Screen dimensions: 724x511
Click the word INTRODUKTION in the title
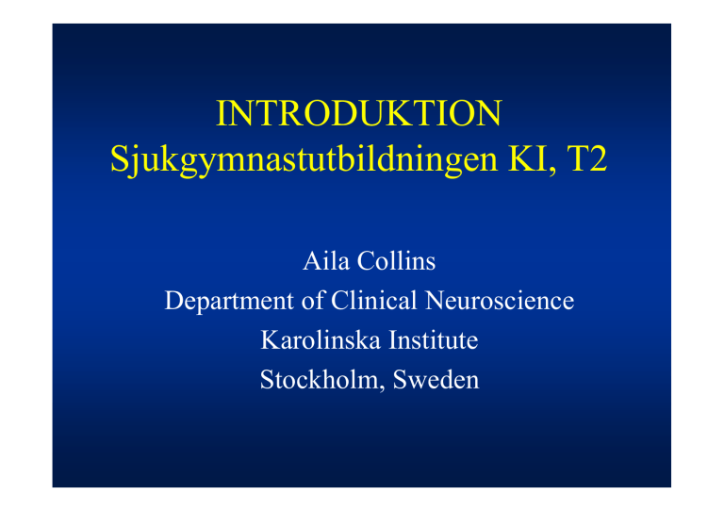tap(359, 113)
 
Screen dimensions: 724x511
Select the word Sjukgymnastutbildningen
tap(304, 160)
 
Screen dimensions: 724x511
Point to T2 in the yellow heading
tap(586, 158)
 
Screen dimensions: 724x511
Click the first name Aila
tap(326, 261)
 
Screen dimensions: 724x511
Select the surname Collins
tap(396, 261)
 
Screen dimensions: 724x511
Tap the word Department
tap(229, 302)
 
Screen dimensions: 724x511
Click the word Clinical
tap(374, 301)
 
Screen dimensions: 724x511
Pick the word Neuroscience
tap(500, 301)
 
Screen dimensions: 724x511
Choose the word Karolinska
tap(321, 340)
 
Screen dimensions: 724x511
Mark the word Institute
tap(433, 340)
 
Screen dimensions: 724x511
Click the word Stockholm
tap(319, 380)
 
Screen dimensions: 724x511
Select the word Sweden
tap(436, 380)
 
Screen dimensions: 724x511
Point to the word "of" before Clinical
tap(313, 301)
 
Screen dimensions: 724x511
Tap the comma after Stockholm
tap(382, 388)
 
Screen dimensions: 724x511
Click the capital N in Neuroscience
tap(436, 301)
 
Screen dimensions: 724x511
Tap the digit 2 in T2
tap(598, 158)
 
